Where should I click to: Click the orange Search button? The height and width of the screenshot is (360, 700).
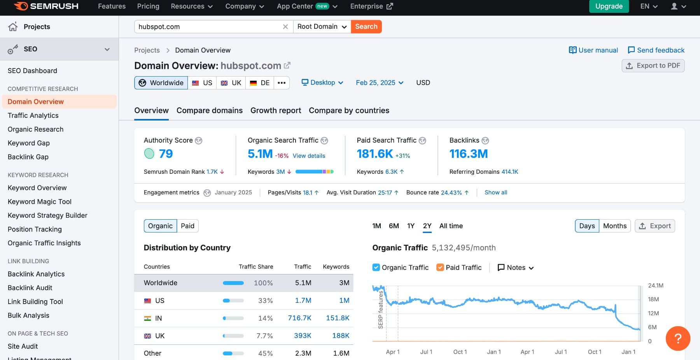[366, 26]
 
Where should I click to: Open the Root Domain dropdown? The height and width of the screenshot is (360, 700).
[322, 26]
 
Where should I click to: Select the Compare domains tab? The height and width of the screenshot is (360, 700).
[209, 110]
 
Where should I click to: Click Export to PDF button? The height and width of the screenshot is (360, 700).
[653, 66]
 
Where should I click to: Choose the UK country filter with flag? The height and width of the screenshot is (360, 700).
[231, 83]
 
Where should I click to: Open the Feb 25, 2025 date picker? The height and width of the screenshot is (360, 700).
[380, 83]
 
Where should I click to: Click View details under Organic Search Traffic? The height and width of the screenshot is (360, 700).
[309, 156]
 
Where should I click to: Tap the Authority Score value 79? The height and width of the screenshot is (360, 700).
[166, 154]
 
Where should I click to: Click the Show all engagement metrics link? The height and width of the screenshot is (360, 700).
[495, 192]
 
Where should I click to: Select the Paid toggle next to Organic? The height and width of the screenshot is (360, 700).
[187, 226]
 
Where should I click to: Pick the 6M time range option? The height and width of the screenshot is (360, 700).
[394, 226]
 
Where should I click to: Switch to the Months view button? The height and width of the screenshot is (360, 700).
[614, 226]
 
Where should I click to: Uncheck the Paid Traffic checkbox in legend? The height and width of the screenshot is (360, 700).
[440, 267]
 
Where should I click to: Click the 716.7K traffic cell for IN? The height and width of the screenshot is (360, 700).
[299, 318]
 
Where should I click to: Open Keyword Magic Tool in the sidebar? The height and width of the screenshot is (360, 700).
[40, 201]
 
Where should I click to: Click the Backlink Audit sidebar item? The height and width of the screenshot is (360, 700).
[30, 288]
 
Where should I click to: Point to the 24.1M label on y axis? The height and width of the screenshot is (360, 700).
[655, 285]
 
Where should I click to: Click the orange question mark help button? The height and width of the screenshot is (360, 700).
[677, 338]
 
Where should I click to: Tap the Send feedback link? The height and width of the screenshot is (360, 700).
[656, 50]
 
